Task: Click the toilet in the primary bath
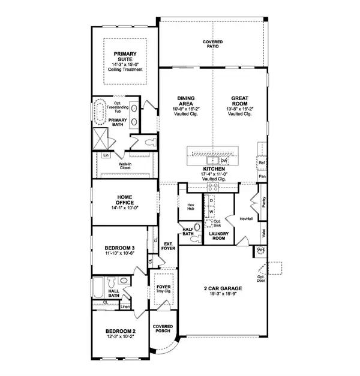pyautogui.click(x=150, y=142)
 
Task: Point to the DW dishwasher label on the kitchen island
pyautogui.click(x=223, y=161)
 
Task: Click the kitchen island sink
pyautogui.click(x=212, y=161)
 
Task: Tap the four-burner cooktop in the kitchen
pyautogui.click(x=211, y=187)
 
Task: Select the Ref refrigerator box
pyautogui.click(x=262, y=163)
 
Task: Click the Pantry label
pyautogui.click(x=263, y=206)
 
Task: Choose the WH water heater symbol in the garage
pyautogui.click(x=261, y=249)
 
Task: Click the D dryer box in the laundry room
pyautogui.click(x=211, y=200)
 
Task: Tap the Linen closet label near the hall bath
pyautogui.click(x=125, y=307)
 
